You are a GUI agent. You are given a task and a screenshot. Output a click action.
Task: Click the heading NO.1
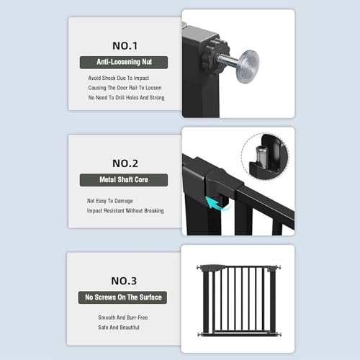pos(125,46)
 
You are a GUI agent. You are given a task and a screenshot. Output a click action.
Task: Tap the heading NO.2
pos(125,163)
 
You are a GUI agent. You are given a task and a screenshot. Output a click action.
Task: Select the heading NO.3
pos(124,281)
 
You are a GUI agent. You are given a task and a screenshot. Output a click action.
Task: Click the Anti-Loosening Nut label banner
pos(124,63)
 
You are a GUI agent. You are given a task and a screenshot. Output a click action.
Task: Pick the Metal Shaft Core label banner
pos(124,180)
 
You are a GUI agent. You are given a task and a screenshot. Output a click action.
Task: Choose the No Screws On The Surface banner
pos(122,297)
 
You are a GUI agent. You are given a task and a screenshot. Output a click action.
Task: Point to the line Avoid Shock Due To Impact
pos(119,78)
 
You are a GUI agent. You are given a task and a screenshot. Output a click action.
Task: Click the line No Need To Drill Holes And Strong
pos(126,98)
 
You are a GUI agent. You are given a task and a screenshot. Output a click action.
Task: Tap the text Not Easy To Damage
pos(109,201)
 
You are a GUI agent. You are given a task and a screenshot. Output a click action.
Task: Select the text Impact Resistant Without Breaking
pos(125,211)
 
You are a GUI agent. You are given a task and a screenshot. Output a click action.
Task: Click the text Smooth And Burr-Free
pos(123,318)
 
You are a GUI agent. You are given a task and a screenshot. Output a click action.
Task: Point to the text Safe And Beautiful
pos(119,328)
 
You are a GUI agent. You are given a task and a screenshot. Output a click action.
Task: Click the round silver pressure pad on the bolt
pos(247,66)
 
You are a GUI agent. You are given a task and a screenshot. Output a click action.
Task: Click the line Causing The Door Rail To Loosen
pos(125,88)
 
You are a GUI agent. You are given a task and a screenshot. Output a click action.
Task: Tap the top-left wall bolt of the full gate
pos(199,268)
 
